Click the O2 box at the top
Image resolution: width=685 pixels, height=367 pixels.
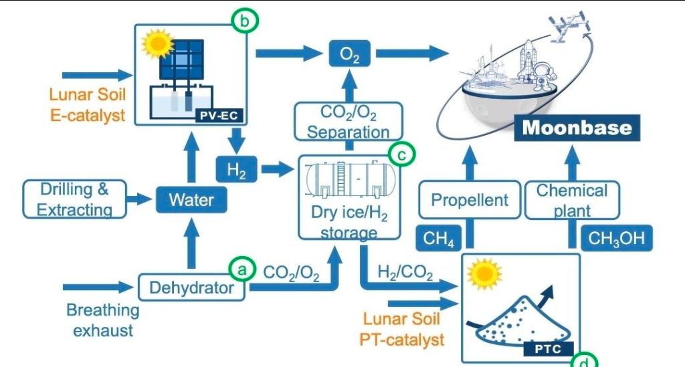pos(349,53)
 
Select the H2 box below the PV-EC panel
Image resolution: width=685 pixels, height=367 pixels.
pos(235,170)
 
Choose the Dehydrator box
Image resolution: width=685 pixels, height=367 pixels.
pos(191,289)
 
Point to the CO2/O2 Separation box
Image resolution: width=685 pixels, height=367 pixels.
pos(348,121)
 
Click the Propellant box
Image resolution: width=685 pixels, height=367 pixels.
pos(469,200)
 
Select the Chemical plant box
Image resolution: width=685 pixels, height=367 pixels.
pos(572,200)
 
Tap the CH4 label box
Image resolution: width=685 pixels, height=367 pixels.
pos(439,239)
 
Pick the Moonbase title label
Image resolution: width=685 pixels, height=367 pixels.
pos(577,128)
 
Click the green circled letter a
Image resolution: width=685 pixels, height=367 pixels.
pos(241,269)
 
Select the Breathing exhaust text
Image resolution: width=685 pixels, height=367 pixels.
pos(102,320)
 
